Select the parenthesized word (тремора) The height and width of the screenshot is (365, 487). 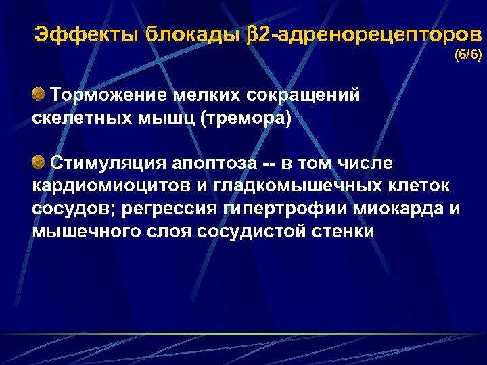point(245,118)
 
